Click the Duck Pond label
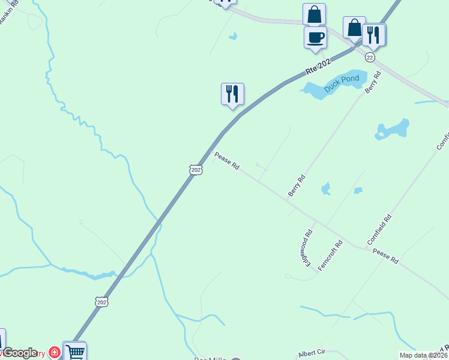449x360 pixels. [x=342, y=83]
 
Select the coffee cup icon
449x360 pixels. [x=315, y=38]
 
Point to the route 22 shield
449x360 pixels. [x=370, y=57]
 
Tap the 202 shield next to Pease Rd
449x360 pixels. [x=196, y=170]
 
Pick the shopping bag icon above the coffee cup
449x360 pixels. [x=315, y=14]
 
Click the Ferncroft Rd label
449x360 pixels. [x=330, y=255]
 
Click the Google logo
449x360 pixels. [x=20, y=353]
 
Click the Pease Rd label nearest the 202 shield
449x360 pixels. [x=227, y=161]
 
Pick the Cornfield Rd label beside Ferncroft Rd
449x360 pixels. [x=379, y=230]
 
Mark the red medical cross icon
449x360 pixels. [x=54, y=352]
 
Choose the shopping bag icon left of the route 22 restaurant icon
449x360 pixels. [x=354, y=27]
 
